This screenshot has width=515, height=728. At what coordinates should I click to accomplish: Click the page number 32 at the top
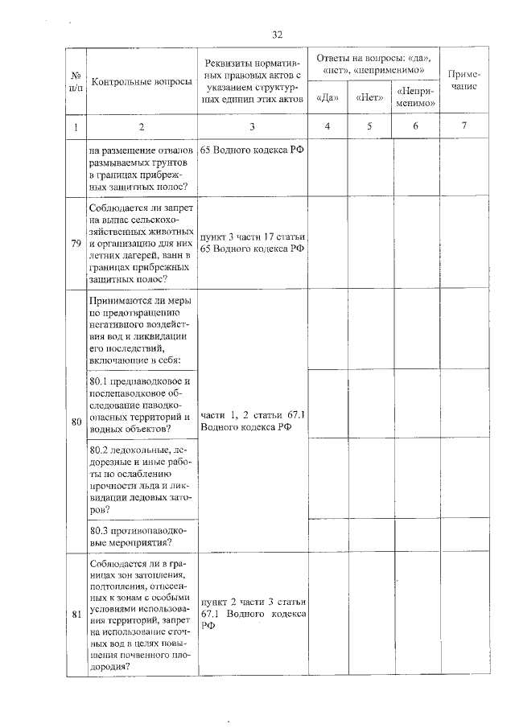coord(278,35)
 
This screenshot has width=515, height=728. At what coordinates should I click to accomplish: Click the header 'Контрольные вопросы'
coord(142,82)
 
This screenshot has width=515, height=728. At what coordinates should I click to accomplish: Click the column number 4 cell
coord(327,127)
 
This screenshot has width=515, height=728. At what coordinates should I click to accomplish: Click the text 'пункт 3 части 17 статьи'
coord(253,236)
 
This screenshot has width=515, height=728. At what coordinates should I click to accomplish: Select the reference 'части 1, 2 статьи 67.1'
coord(253,414)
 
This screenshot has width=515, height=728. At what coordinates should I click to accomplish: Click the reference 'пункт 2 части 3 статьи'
coord(253,602)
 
